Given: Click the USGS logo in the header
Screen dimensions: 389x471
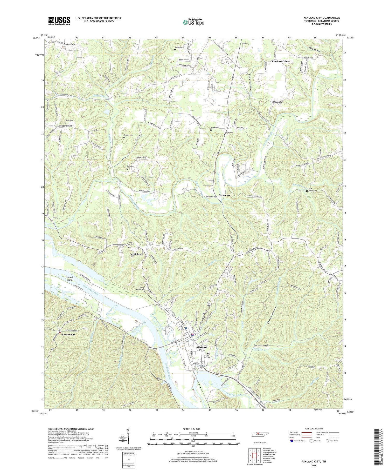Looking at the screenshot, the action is tap(59, 21).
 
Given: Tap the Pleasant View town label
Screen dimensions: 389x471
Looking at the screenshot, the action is tap(281, 62).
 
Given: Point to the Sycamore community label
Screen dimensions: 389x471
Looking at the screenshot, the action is tap(225, 195).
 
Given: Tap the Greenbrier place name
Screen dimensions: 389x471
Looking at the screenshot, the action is tap(68, 335).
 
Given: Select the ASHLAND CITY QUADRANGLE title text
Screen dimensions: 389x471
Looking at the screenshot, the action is tap(322, 18).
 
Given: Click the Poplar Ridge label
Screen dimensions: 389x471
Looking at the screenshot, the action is tap(70, 44).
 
